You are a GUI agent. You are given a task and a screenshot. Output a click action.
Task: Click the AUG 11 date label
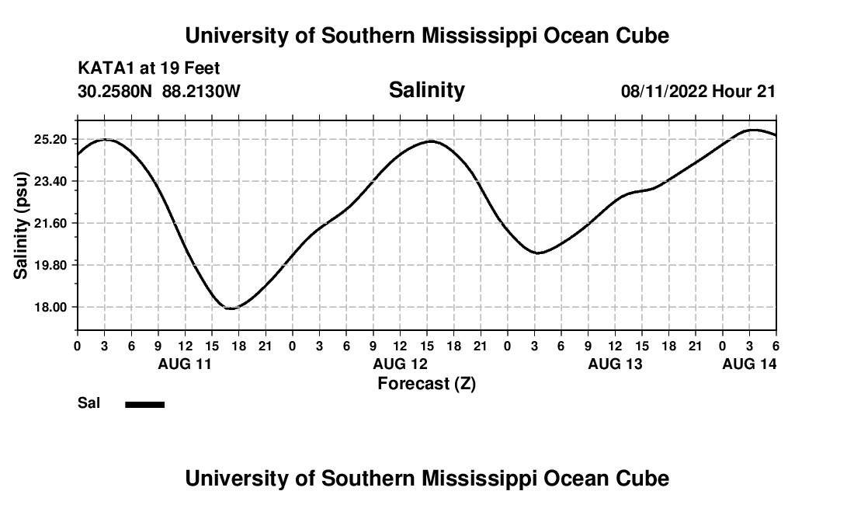[185, 364]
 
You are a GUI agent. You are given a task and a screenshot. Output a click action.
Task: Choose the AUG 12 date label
[400, 364]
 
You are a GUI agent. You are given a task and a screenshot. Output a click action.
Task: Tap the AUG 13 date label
[615, 364]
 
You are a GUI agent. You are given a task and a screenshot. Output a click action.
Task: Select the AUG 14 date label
[749, 364]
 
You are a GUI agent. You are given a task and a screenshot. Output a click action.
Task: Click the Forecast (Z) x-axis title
[426, 383]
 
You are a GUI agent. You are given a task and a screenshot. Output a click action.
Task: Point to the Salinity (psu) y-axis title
[21, 225]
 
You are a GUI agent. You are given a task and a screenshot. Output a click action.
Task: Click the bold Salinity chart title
[426, 90]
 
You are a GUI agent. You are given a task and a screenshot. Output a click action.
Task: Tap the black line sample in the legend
[145, 404]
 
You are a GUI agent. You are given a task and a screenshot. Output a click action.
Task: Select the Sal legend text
[88, 403]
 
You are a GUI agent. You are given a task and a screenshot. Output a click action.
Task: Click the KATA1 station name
[106, 68]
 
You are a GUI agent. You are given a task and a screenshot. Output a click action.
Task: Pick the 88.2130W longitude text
[201, 91]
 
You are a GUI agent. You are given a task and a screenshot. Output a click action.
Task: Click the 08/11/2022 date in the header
[664, 91]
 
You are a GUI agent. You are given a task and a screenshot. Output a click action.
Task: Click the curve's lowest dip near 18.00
[230, 308]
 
